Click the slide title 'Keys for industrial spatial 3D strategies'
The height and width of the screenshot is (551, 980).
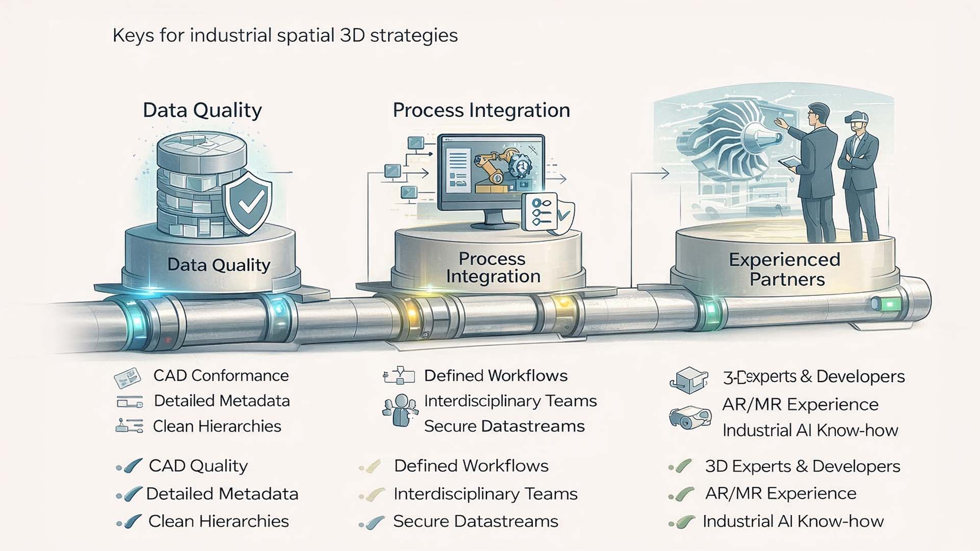click(285, 36)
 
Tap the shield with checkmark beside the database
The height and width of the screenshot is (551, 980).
click(248, 203)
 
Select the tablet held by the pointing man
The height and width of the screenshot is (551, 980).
click(789, 161)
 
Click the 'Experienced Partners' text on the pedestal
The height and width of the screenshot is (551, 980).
click(785, 269)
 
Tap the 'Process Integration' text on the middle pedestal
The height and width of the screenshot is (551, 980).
click(493, 267)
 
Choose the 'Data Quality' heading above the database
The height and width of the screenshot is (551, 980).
click(202, 110)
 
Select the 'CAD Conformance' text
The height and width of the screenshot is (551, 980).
click(221, 376)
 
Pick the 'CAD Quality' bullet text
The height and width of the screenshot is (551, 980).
click(198, 466)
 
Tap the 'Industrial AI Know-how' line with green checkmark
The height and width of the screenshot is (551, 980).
click(793, 521)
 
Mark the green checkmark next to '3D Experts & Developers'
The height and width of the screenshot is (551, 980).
click(681, 466)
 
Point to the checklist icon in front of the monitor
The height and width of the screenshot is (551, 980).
click(540, 212)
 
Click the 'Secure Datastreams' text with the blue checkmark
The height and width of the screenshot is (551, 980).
click(475, 521)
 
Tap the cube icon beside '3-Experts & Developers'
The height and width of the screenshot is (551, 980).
click(689, 380)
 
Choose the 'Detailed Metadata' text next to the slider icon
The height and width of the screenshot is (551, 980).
click(222, 401)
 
